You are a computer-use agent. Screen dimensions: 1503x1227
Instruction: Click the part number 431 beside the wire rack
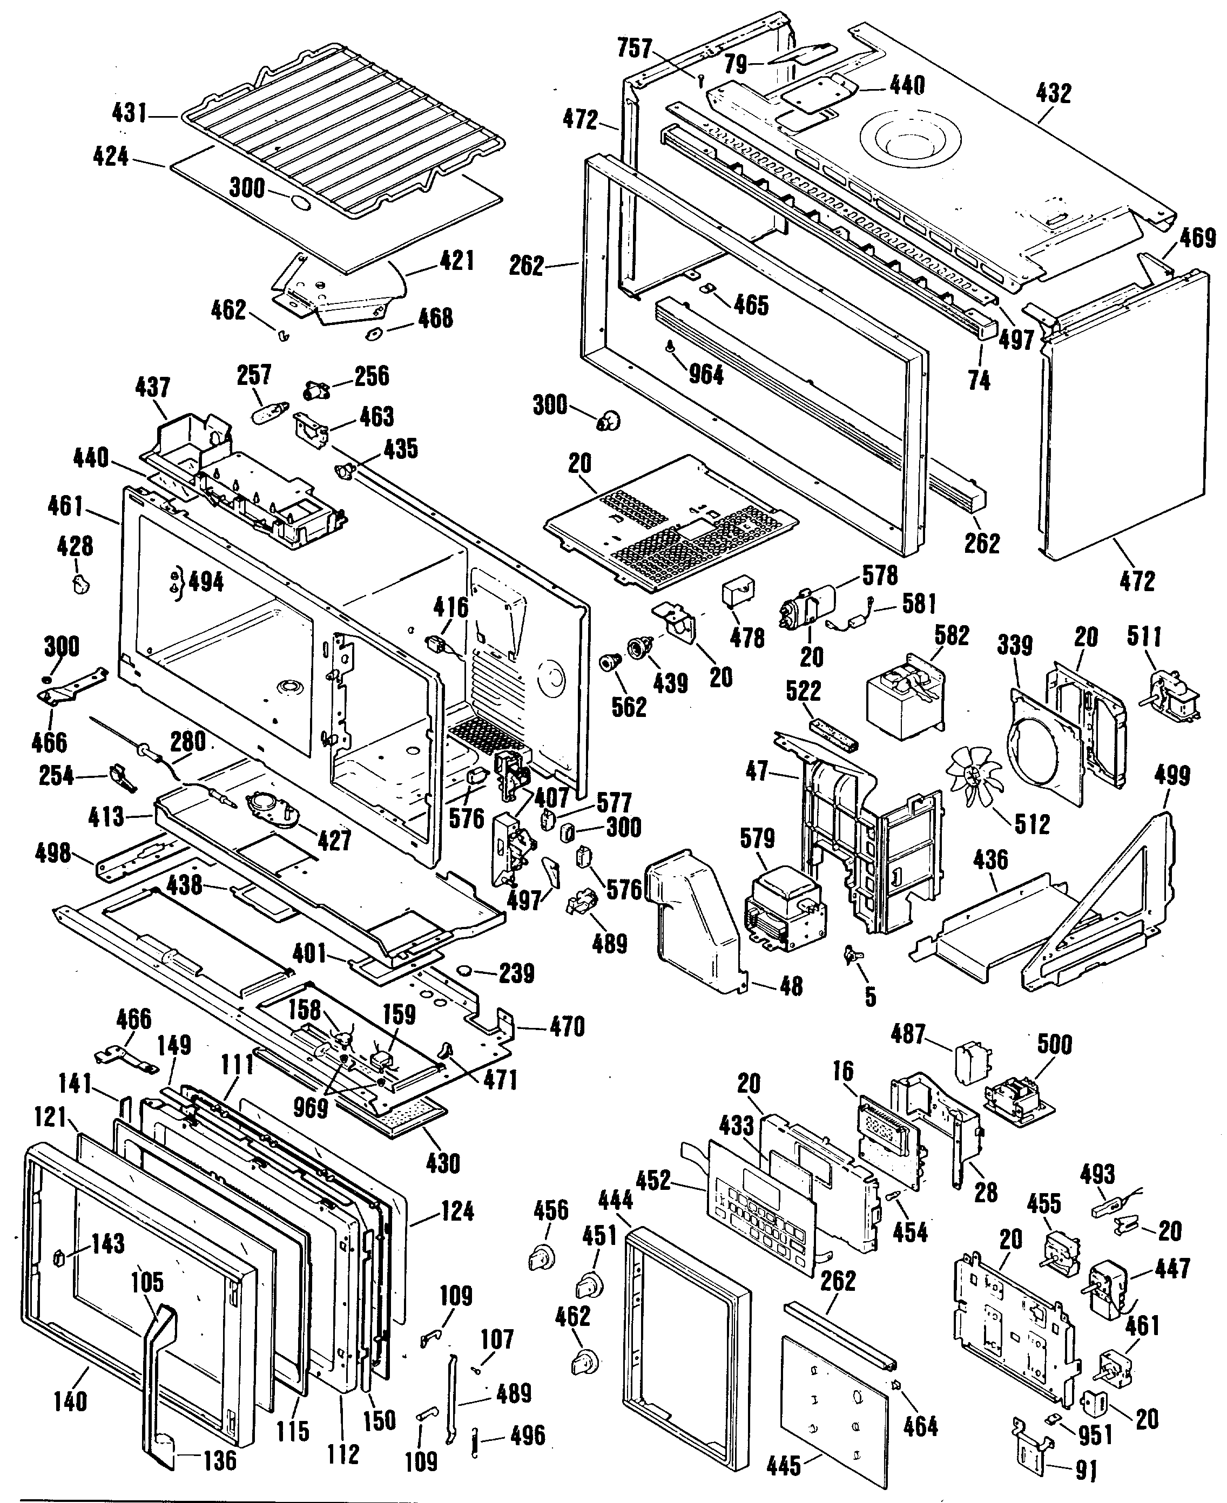tap(130, 112)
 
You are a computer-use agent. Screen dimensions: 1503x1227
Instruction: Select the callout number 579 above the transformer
tap(758, 839)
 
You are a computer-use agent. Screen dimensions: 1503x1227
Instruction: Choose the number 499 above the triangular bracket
tap(1172, 775)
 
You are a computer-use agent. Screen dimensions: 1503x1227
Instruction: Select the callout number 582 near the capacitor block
tap(952, 635)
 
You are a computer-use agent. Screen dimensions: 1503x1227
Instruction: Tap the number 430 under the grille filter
tap(443, 1163)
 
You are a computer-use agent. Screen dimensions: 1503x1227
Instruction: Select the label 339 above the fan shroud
tap(1015, 645)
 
